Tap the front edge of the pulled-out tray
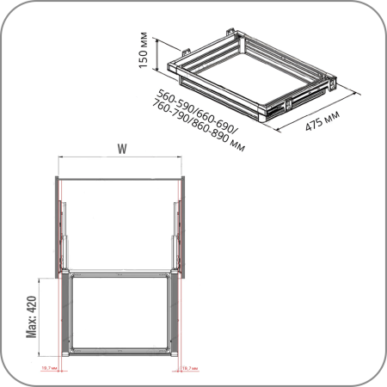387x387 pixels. coord(120,353)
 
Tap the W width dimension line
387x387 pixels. coord(121,158)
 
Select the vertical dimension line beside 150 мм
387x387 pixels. coord(157,53)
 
